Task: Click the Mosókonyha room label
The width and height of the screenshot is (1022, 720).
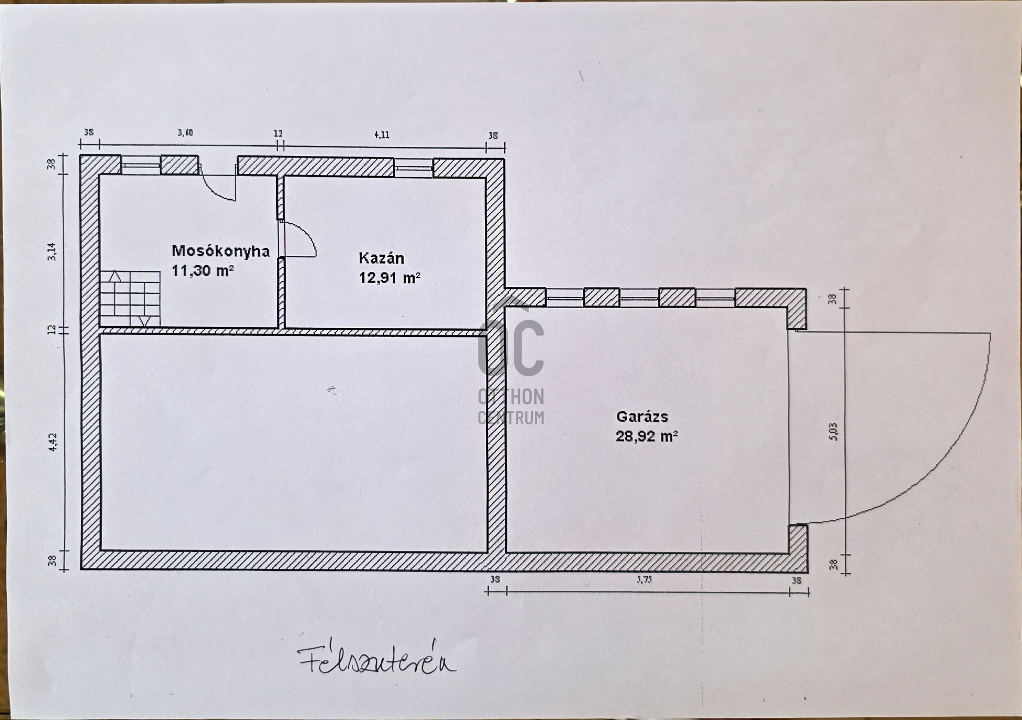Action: coord(220,251)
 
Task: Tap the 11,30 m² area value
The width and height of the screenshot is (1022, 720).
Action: coord(202,270)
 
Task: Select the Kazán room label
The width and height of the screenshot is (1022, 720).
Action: coord(381,258)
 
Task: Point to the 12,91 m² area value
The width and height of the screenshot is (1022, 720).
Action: coord(389,278)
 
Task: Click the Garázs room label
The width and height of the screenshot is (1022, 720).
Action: coord(642,416)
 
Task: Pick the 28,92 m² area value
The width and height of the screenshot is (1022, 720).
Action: coord(646,436)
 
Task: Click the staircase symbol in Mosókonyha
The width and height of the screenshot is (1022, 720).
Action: coord(130,299)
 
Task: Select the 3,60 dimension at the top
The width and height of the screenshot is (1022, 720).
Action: coord(185,133)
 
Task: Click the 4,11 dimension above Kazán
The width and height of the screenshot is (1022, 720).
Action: coord(382,135)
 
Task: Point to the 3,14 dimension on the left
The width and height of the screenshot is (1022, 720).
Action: coord(52,251)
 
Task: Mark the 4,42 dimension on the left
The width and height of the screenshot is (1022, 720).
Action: coord(53,442)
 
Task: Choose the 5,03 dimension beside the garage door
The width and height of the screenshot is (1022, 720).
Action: coord(834,432)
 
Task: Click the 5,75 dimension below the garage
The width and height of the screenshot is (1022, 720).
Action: coord(644,580)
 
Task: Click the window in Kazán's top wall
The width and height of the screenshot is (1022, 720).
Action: coord(414,167)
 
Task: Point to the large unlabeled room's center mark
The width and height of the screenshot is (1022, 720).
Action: coord(332,390)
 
